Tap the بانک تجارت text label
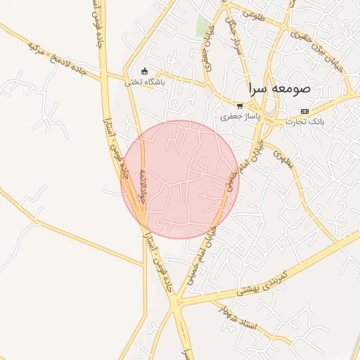304,122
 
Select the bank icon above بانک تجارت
304,111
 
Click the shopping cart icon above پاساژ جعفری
240,105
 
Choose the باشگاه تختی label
144,82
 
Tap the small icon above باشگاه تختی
144,71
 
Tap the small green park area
203,26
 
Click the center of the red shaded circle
181,179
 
